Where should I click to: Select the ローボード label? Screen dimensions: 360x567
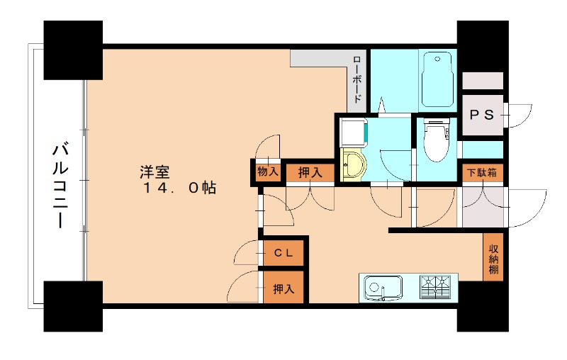click(x=357, y=79)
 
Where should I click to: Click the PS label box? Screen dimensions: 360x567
click(x=482, y=114)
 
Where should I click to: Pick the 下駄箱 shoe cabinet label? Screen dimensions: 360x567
click(x=481, y=172)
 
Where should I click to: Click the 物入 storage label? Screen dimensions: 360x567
click(x=267, y=171)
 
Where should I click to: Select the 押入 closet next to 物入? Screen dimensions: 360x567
click(x=309, y=171)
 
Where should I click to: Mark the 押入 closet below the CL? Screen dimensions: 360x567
click(x=283, y=288)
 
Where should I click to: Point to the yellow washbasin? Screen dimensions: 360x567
click(x=352, y=166)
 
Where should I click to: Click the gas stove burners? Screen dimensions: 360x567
click(x=435, y=287)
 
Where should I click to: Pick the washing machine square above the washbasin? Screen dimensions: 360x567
click(x=352, y=132)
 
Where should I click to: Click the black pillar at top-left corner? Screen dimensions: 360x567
click(x=73, y=50)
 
